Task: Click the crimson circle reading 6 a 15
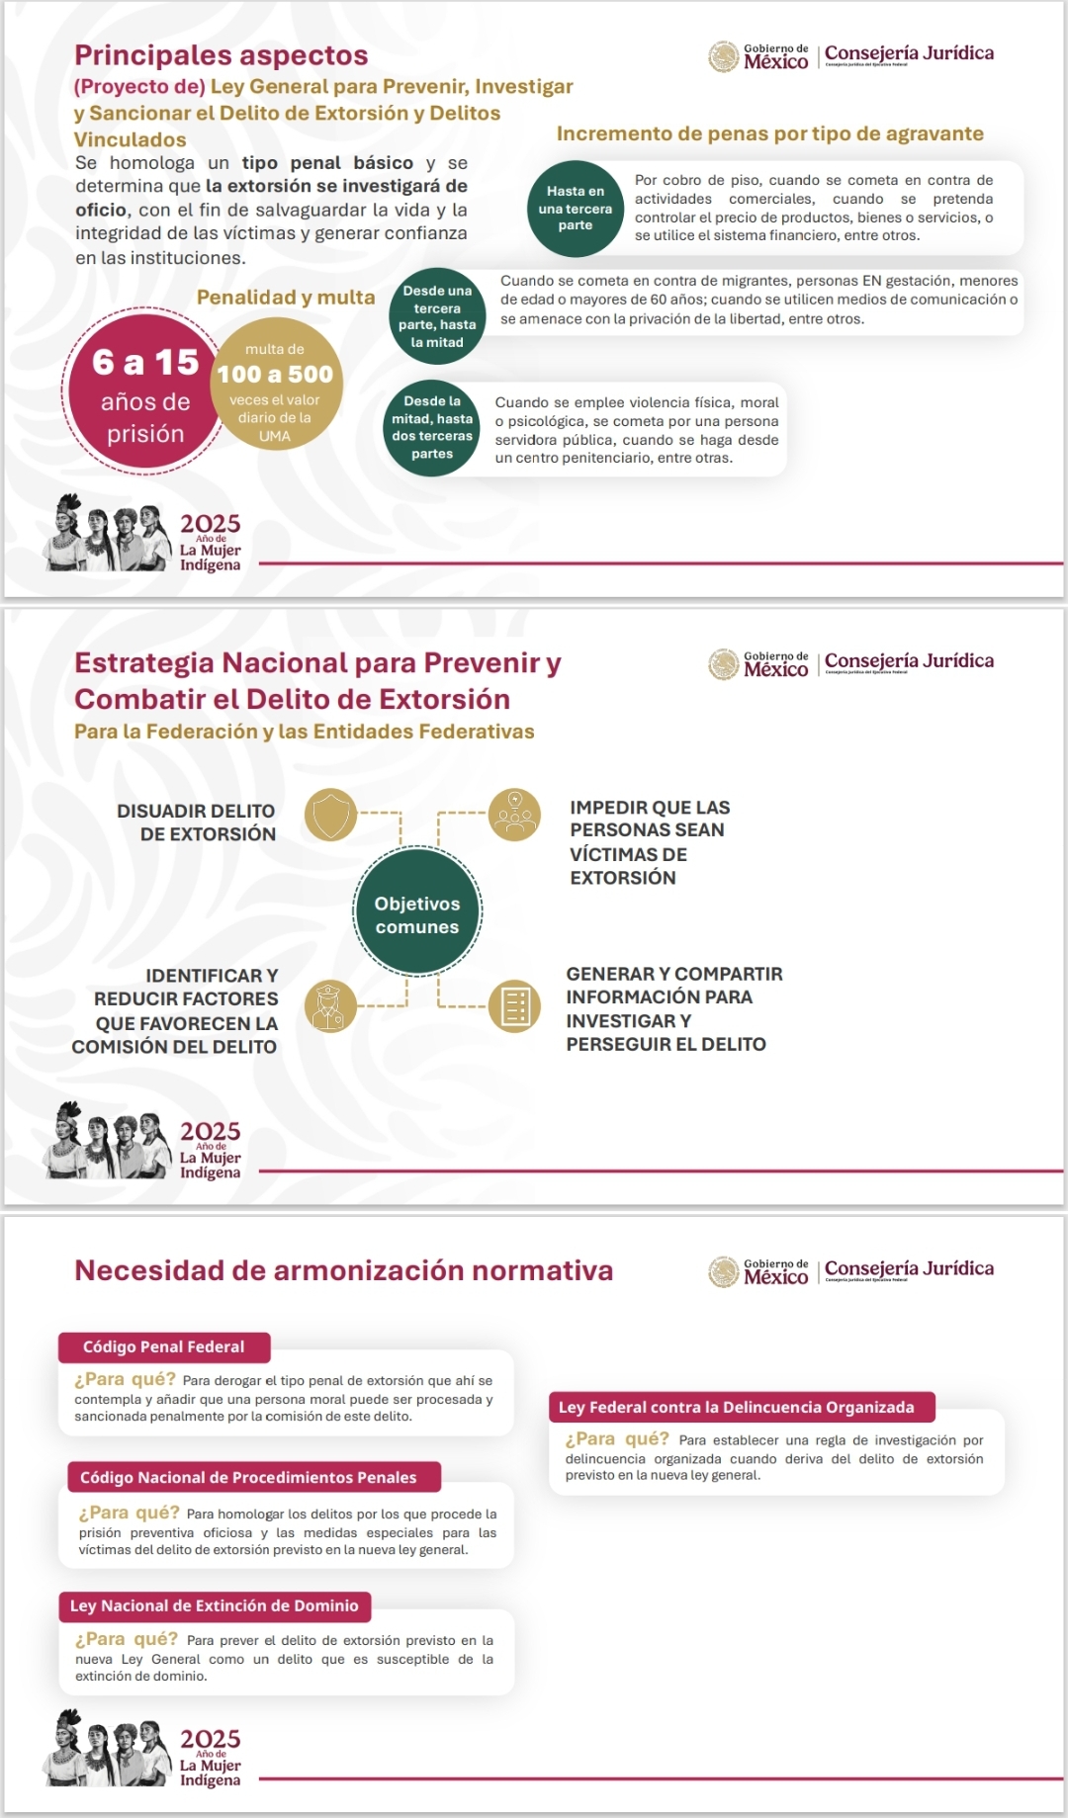(x=144, y=393)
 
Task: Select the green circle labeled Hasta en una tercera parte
(x=575, y=209)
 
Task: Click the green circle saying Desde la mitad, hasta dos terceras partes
(x=432, y=428)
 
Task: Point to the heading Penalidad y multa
(x=286, y=298)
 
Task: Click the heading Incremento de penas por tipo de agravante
(x=769, y=134)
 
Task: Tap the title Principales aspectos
(x=222, y=55)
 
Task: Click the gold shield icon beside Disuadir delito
(x=330, y=815)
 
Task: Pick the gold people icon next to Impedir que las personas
(x=514, y=815)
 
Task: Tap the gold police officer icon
(x=329, y=1006)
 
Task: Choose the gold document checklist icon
(x=514, y=1006)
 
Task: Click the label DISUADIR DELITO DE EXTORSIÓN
(x=197, y=822)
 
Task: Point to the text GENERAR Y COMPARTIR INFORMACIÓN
(x=673, y=1008)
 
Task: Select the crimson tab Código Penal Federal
(x=164, y=1346)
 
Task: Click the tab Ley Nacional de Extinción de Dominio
(x=215, y=1605)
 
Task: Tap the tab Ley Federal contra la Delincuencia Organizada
(x=737, y=1407)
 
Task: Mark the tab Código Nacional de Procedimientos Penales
(x=248, y=1477)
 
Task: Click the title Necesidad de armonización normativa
(x=344, y=1270)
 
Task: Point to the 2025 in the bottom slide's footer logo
(x=210, y=1738)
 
